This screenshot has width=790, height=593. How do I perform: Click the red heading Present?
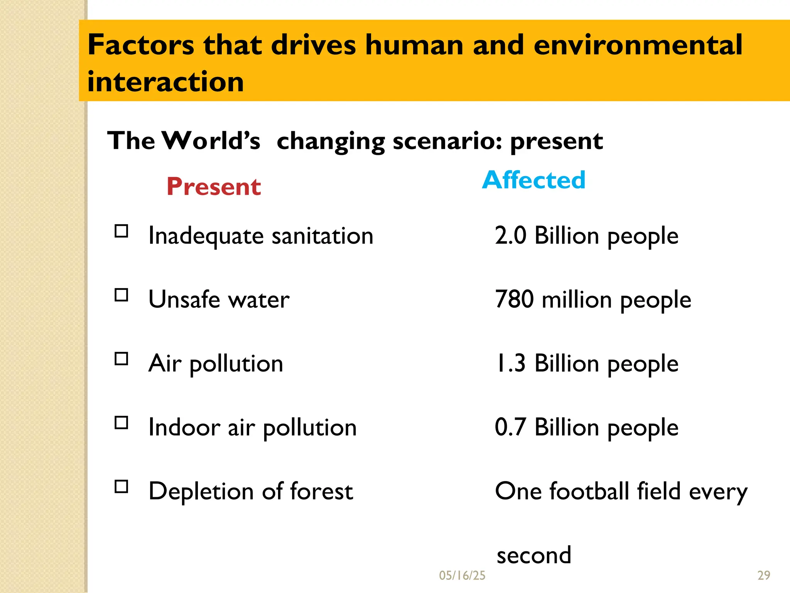click(x=214, y=186)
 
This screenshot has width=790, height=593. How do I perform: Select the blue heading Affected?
click(x=534, y=180)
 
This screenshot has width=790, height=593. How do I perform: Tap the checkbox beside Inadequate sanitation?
click(x=122, y=231)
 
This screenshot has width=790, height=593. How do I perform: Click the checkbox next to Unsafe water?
click(x=122, y=295)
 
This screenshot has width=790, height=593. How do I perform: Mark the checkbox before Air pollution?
click(x=122, y=359)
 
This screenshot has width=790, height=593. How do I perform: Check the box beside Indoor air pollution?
click(x=122, y=423)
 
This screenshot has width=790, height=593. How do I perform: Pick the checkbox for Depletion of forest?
click(x=122, y=486)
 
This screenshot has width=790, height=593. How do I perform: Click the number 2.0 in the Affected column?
click(x=510, y=235)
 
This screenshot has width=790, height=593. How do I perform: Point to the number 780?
click(x=515, y=299)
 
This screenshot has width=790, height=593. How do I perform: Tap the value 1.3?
click(x=510, y=363)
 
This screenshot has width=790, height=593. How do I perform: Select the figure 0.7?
click(x=510, y=427)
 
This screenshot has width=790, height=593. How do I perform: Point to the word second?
click(x=534, y=555)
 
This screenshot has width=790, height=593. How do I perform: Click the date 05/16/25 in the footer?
click(x=462, y=576)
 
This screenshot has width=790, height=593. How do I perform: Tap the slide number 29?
click(x=764, y=576)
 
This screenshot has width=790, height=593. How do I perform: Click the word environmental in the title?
click(x=638, y=45)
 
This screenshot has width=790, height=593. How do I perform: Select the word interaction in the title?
click(x=165, y=82)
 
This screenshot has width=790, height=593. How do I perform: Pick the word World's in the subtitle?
click(x=211, y=141)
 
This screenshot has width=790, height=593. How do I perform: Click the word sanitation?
click(x=322, y=236)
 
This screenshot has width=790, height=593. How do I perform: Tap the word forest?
click(x=321, y=491)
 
